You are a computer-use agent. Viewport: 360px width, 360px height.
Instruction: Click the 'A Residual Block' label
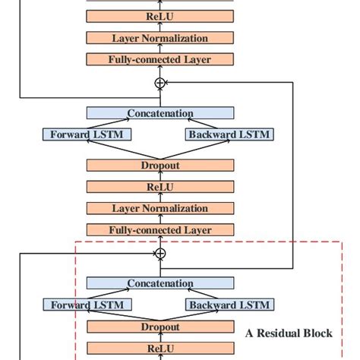(288, 333)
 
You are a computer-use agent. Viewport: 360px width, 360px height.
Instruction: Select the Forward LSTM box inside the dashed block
(86, 305)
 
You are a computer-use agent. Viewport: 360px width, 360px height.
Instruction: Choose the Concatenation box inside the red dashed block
(159, 283)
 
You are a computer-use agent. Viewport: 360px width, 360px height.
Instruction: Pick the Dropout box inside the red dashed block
(159, 327)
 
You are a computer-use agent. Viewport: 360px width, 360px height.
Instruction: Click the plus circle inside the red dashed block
(159, 252)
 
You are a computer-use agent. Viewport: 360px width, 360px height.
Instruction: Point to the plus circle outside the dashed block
(159, 82)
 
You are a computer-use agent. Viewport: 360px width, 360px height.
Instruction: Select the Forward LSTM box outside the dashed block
(86, 135)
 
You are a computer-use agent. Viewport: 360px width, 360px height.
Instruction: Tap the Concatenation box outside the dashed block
(159, 113)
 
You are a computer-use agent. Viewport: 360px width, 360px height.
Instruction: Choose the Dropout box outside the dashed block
(159, 164)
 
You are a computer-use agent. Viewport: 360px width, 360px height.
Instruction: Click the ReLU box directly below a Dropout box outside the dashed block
(159, 186)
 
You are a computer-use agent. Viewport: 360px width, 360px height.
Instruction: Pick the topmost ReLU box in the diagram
(159, 16)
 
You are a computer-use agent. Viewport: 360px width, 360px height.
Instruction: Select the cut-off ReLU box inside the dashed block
(159, 349)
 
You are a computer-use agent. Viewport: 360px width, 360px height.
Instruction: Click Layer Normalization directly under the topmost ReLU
(159, 37)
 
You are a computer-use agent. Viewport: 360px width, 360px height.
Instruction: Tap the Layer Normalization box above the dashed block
(159, 208)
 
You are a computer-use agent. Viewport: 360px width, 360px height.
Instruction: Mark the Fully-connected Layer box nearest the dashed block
(159, 229)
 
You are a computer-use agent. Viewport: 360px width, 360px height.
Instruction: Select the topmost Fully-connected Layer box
(159, 59)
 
